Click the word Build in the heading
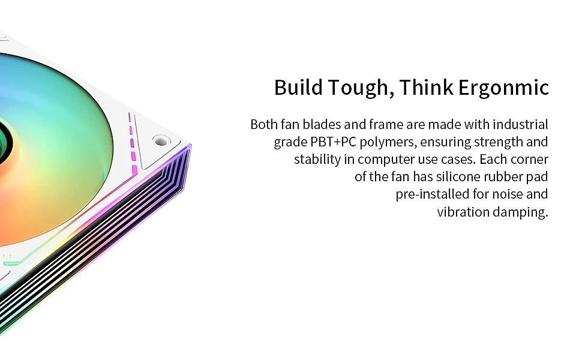(x=298, y=87)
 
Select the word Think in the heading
(x=426, y=87)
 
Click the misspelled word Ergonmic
(x=503, y=88)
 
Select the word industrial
(x=520, y=124)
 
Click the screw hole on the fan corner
(x=161, y=141)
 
